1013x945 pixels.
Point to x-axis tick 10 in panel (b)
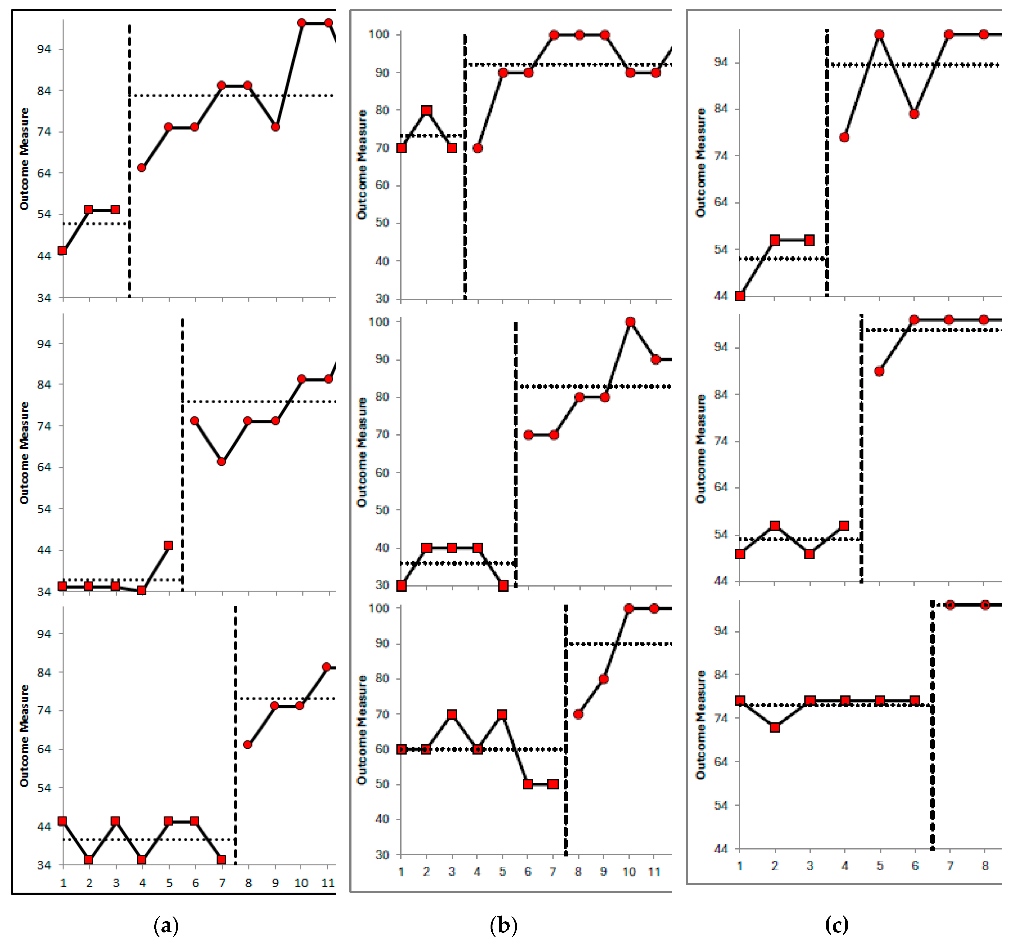[629, 872]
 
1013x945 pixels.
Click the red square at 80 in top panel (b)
[426, 110]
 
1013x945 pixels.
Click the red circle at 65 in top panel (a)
[142, 168]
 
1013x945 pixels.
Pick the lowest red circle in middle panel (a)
[221, 461]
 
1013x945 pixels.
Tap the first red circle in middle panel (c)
[879, 371]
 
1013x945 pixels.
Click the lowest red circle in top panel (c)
[844, 137]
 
